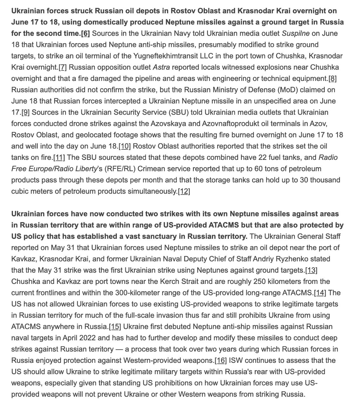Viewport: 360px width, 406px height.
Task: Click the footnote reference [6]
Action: tap(85, 33)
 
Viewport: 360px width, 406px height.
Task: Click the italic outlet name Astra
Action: tap(161, 67)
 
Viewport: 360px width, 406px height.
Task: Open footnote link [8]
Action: tap(332, 78)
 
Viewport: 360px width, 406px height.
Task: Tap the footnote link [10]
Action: tap(125, 146)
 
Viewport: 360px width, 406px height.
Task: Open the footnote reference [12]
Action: tap(184, 191)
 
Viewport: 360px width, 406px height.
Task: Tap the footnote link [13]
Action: tap(311, 270)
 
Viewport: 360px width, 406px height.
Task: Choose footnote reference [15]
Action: tap(115, 326)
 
